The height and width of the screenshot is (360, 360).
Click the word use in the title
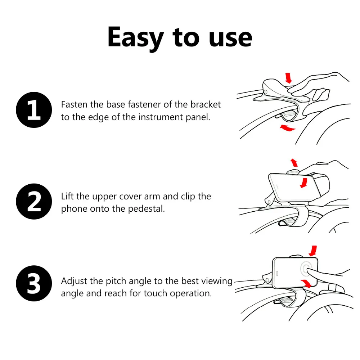[230, 39]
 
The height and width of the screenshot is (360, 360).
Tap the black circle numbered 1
[34, 110]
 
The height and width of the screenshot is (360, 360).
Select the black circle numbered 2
[34, 201]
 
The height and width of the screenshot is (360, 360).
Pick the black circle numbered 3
[34, 283]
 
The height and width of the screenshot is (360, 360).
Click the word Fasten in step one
[74, 104]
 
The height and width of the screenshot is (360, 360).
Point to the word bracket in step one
[206, 104]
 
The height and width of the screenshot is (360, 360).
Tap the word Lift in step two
[68, 196]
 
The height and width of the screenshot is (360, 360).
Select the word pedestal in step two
[146, 209]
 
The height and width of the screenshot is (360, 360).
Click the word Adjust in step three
[74, 281]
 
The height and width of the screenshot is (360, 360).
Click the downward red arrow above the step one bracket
[288, 78]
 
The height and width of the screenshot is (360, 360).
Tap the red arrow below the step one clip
[287, 128]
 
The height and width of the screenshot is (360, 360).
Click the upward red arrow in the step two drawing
[294, 163]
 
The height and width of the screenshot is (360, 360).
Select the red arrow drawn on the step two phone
[304, 183]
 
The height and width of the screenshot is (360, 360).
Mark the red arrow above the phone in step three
[313, 251]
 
